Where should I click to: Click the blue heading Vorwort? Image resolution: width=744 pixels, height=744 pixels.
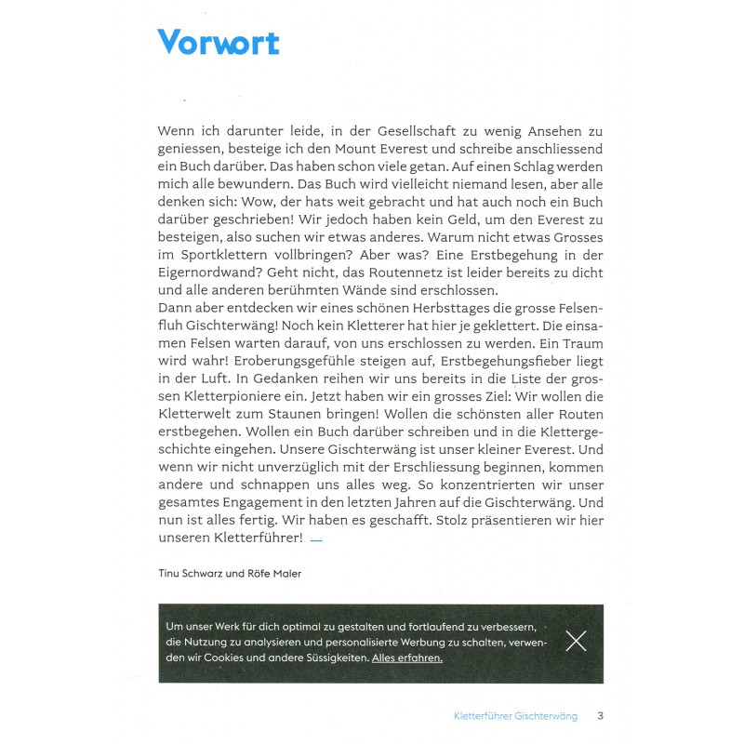point(219,42)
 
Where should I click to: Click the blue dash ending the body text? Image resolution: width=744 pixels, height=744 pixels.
point(316,539)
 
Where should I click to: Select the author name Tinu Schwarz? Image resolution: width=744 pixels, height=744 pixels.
point(198,574)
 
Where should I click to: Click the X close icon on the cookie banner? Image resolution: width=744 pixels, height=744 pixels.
point(576,641)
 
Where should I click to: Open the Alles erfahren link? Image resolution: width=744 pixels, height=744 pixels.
point(406,658)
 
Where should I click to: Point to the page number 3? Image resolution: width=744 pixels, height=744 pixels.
point(601,716)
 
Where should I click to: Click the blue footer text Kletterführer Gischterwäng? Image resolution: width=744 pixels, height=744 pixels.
point(515,716)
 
